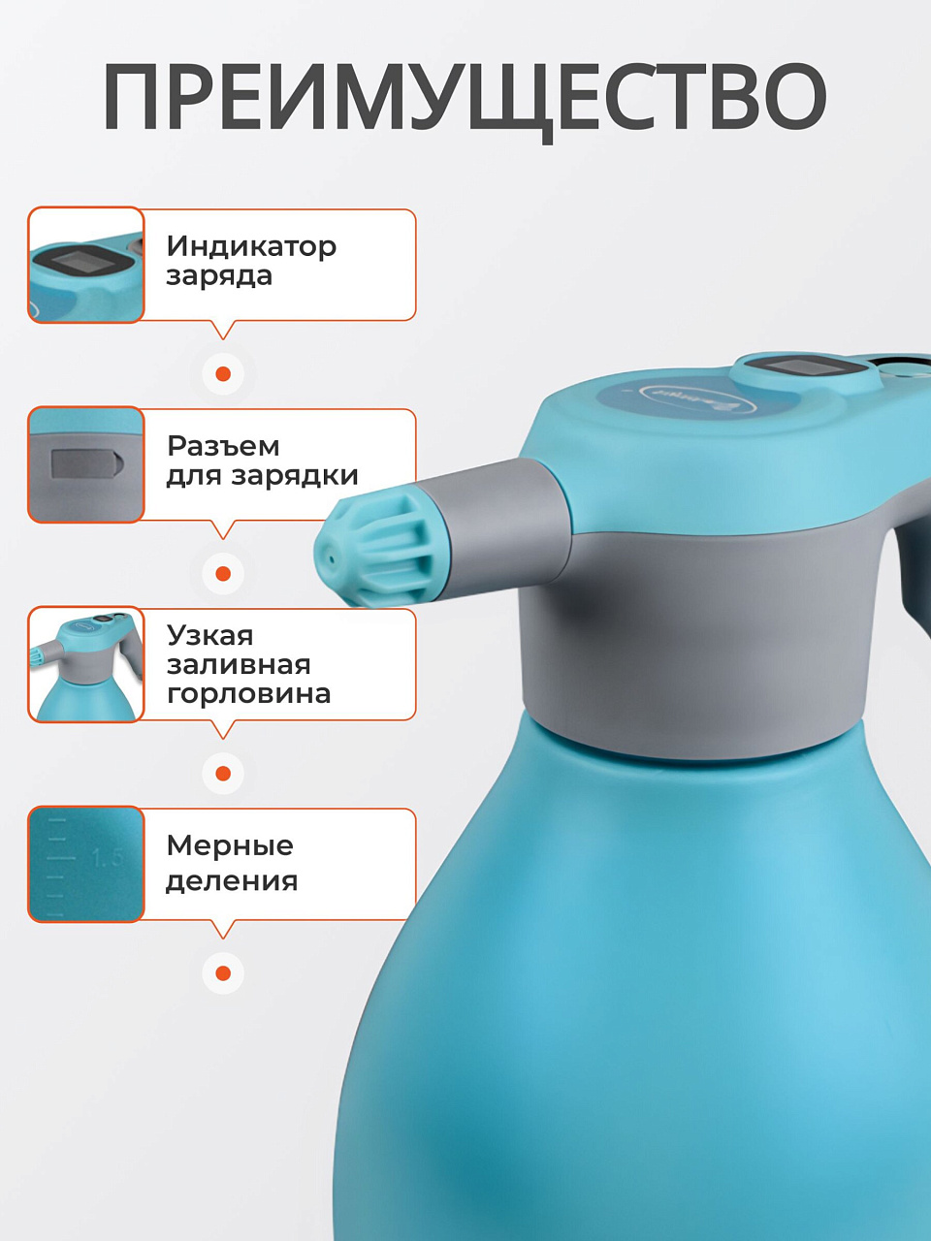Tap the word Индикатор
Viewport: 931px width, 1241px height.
[x=251, y=247]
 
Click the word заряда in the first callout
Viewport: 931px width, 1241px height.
[x=219, y=276]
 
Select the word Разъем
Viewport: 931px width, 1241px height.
[x=223, y=446]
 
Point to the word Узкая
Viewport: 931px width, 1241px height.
[x=209, y=636]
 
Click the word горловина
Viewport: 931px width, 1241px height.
[x=248, y=694]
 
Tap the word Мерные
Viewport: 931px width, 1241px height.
[x=230, y=845]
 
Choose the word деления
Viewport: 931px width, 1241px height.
[x=232, y=881]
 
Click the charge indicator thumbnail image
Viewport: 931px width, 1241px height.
[x=86, y=265]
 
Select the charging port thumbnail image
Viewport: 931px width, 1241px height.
[x=86, y=464]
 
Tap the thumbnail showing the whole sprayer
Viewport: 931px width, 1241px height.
[x=86, y=664]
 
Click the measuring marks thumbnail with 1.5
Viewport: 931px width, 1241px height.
[x=86, y=865]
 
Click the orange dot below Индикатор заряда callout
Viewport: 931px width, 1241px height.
[x=223, y=373]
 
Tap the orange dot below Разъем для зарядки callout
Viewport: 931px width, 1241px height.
[x=223, y=573]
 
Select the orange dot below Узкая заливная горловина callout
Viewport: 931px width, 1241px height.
[x=223, y=774]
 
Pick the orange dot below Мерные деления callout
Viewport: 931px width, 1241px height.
[x=223, y=973]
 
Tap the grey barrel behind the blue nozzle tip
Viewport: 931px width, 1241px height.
[x=498, y=523]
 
